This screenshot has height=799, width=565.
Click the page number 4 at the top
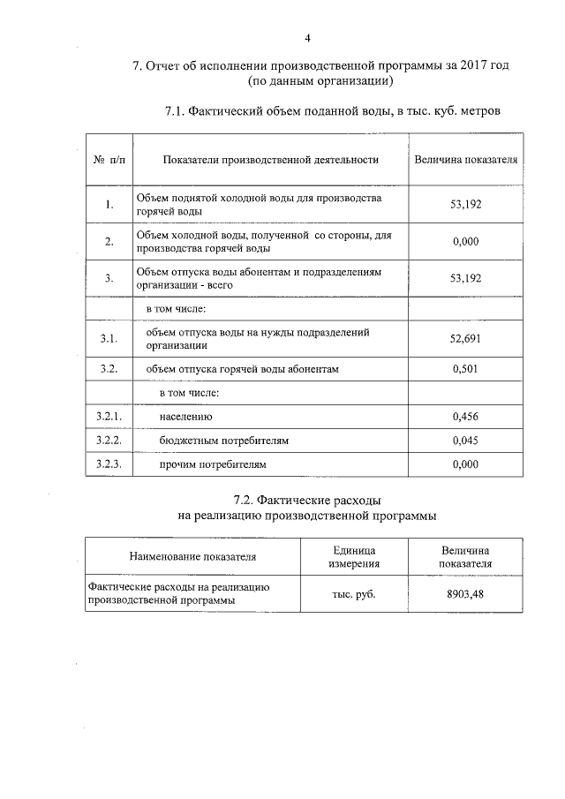[x=307, y=37]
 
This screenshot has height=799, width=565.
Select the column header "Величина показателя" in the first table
[x=465, y=160]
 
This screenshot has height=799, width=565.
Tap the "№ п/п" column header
[x=109, y=160]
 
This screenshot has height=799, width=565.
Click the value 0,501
[x=465, y=369]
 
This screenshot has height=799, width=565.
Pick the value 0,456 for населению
[x=465, y=416]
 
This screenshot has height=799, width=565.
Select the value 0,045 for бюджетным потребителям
[x=465, y=440]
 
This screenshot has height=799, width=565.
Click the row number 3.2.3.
[x=109, y=464]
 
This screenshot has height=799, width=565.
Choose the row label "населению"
[x=186, y=416]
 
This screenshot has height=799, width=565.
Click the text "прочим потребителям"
[x=212, y=464]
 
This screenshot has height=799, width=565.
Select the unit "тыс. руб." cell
[x=354, y=594]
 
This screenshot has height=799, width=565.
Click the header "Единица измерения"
[x=354, y=556]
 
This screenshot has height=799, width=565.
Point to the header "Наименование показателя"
[x=192, y=557]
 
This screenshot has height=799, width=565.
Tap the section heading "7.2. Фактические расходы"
[x=306, y=501]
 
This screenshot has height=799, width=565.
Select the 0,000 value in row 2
[x=465, y=242]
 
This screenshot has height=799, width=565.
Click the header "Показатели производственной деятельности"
[x=270, y=160]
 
